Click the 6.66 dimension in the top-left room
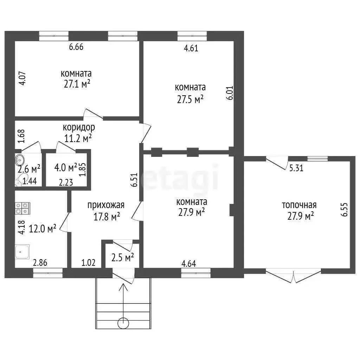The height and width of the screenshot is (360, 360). (76, 47)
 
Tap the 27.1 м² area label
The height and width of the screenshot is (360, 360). (77, 84)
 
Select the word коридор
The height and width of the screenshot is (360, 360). (79, 127)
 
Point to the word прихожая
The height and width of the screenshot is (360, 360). (106, 205)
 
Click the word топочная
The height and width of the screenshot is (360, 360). (299, 205)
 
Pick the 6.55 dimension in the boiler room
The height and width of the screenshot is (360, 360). (345, 210)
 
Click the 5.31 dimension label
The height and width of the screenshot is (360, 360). (296, 168)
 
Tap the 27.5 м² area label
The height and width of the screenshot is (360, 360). (190, 99)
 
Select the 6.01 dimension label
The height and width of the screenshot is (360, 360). (230, 93)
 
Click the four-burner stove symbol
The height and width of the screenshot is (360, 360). (22, 208)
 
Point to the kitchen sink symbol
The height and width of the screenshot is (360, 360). (22, 252)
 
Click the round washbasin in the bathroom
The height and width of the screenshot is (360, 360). (20, 159)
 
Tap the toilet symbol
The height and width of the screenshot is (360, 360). (21, 180)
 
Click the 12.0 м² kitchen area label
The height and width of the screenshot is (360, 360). (43, 229)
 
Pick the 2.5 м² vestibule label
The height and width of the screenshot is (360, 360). (123, 257)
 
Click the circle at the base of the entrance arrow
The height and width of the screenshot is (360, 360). (123, 323)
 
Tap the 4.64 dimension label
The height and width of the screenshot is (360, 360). (189, 264)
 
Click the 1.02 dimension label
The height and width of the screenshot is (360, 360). (88, 262)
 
